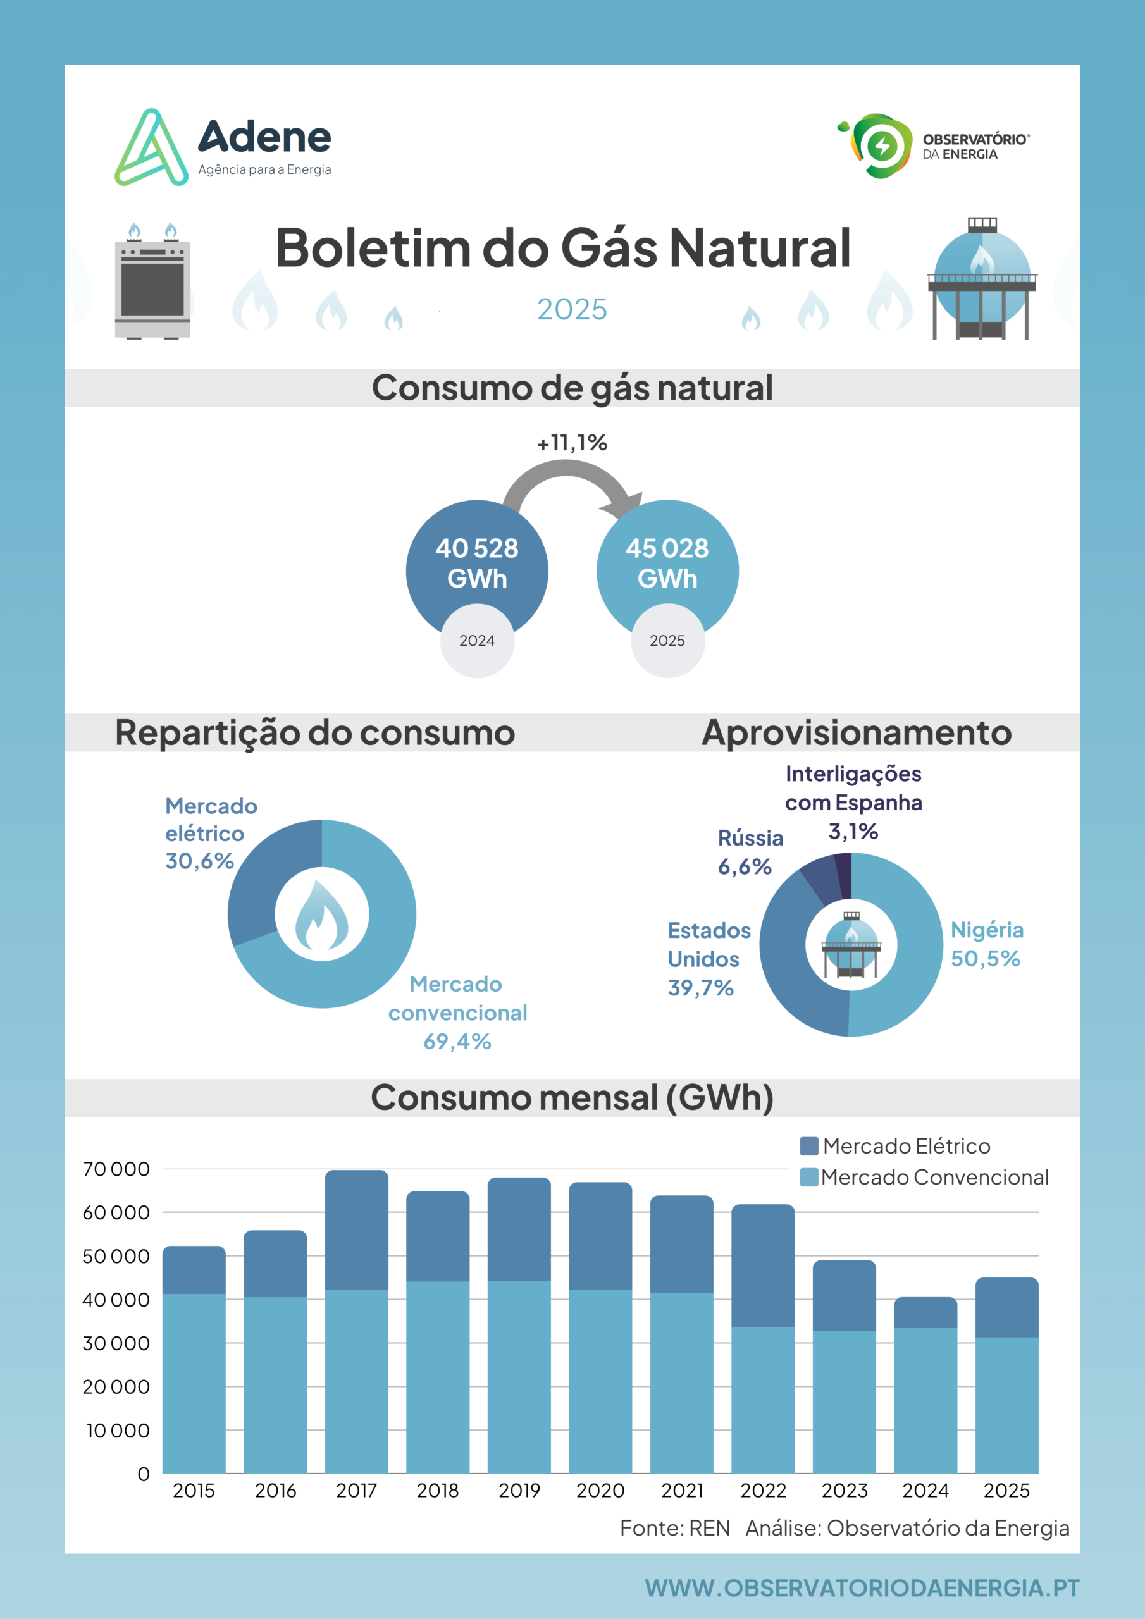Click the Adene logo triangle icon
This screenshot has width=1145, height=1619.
(x=152, y=148)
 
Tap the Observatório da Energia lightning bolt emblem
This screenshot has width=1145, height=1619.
(x=881, y=146)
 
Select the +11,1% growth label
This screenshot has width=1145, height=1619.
(x=572, y=443)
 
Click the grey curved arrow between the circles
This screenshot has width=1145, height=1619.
(x=567, y=468)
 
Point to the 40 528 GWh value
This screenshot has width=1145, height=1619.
(x=477, y=563)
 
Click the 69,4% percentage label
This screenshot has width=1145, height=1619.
(x=457, y=1042)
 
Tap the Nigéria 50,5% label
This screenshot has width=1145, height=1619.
(x=987, y=944)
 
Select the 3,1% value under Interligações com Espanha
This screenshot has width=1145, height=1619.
(x=853, y=832)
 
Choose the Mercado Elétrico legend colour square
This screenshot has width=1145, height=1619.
(x=809, y=1146)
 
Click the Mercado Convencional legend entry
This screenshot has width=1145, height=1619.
(x=924, y=1177)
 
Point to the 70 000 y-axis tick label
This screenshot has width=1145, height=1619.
(x=116, y=1169)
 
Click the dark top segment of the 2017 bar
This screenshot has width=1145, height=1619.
(x=356, y=1230)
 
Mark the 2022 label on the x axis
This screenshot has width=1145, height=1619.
(x=764, y=1490)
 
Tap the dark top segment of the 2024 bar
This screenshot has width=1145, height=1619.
(x=925, y=1312)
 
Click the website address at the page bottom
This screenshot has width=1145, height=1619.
(x=862, y=1588)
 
